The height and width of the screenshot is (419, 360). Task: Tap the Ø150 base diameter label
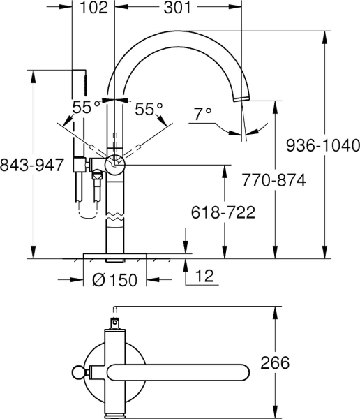click(114, 281)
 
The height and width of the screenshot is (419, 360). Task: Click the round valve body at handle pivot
click(113, 164)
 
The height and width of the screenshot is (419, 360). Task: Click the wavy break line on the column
click(114, 221)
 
